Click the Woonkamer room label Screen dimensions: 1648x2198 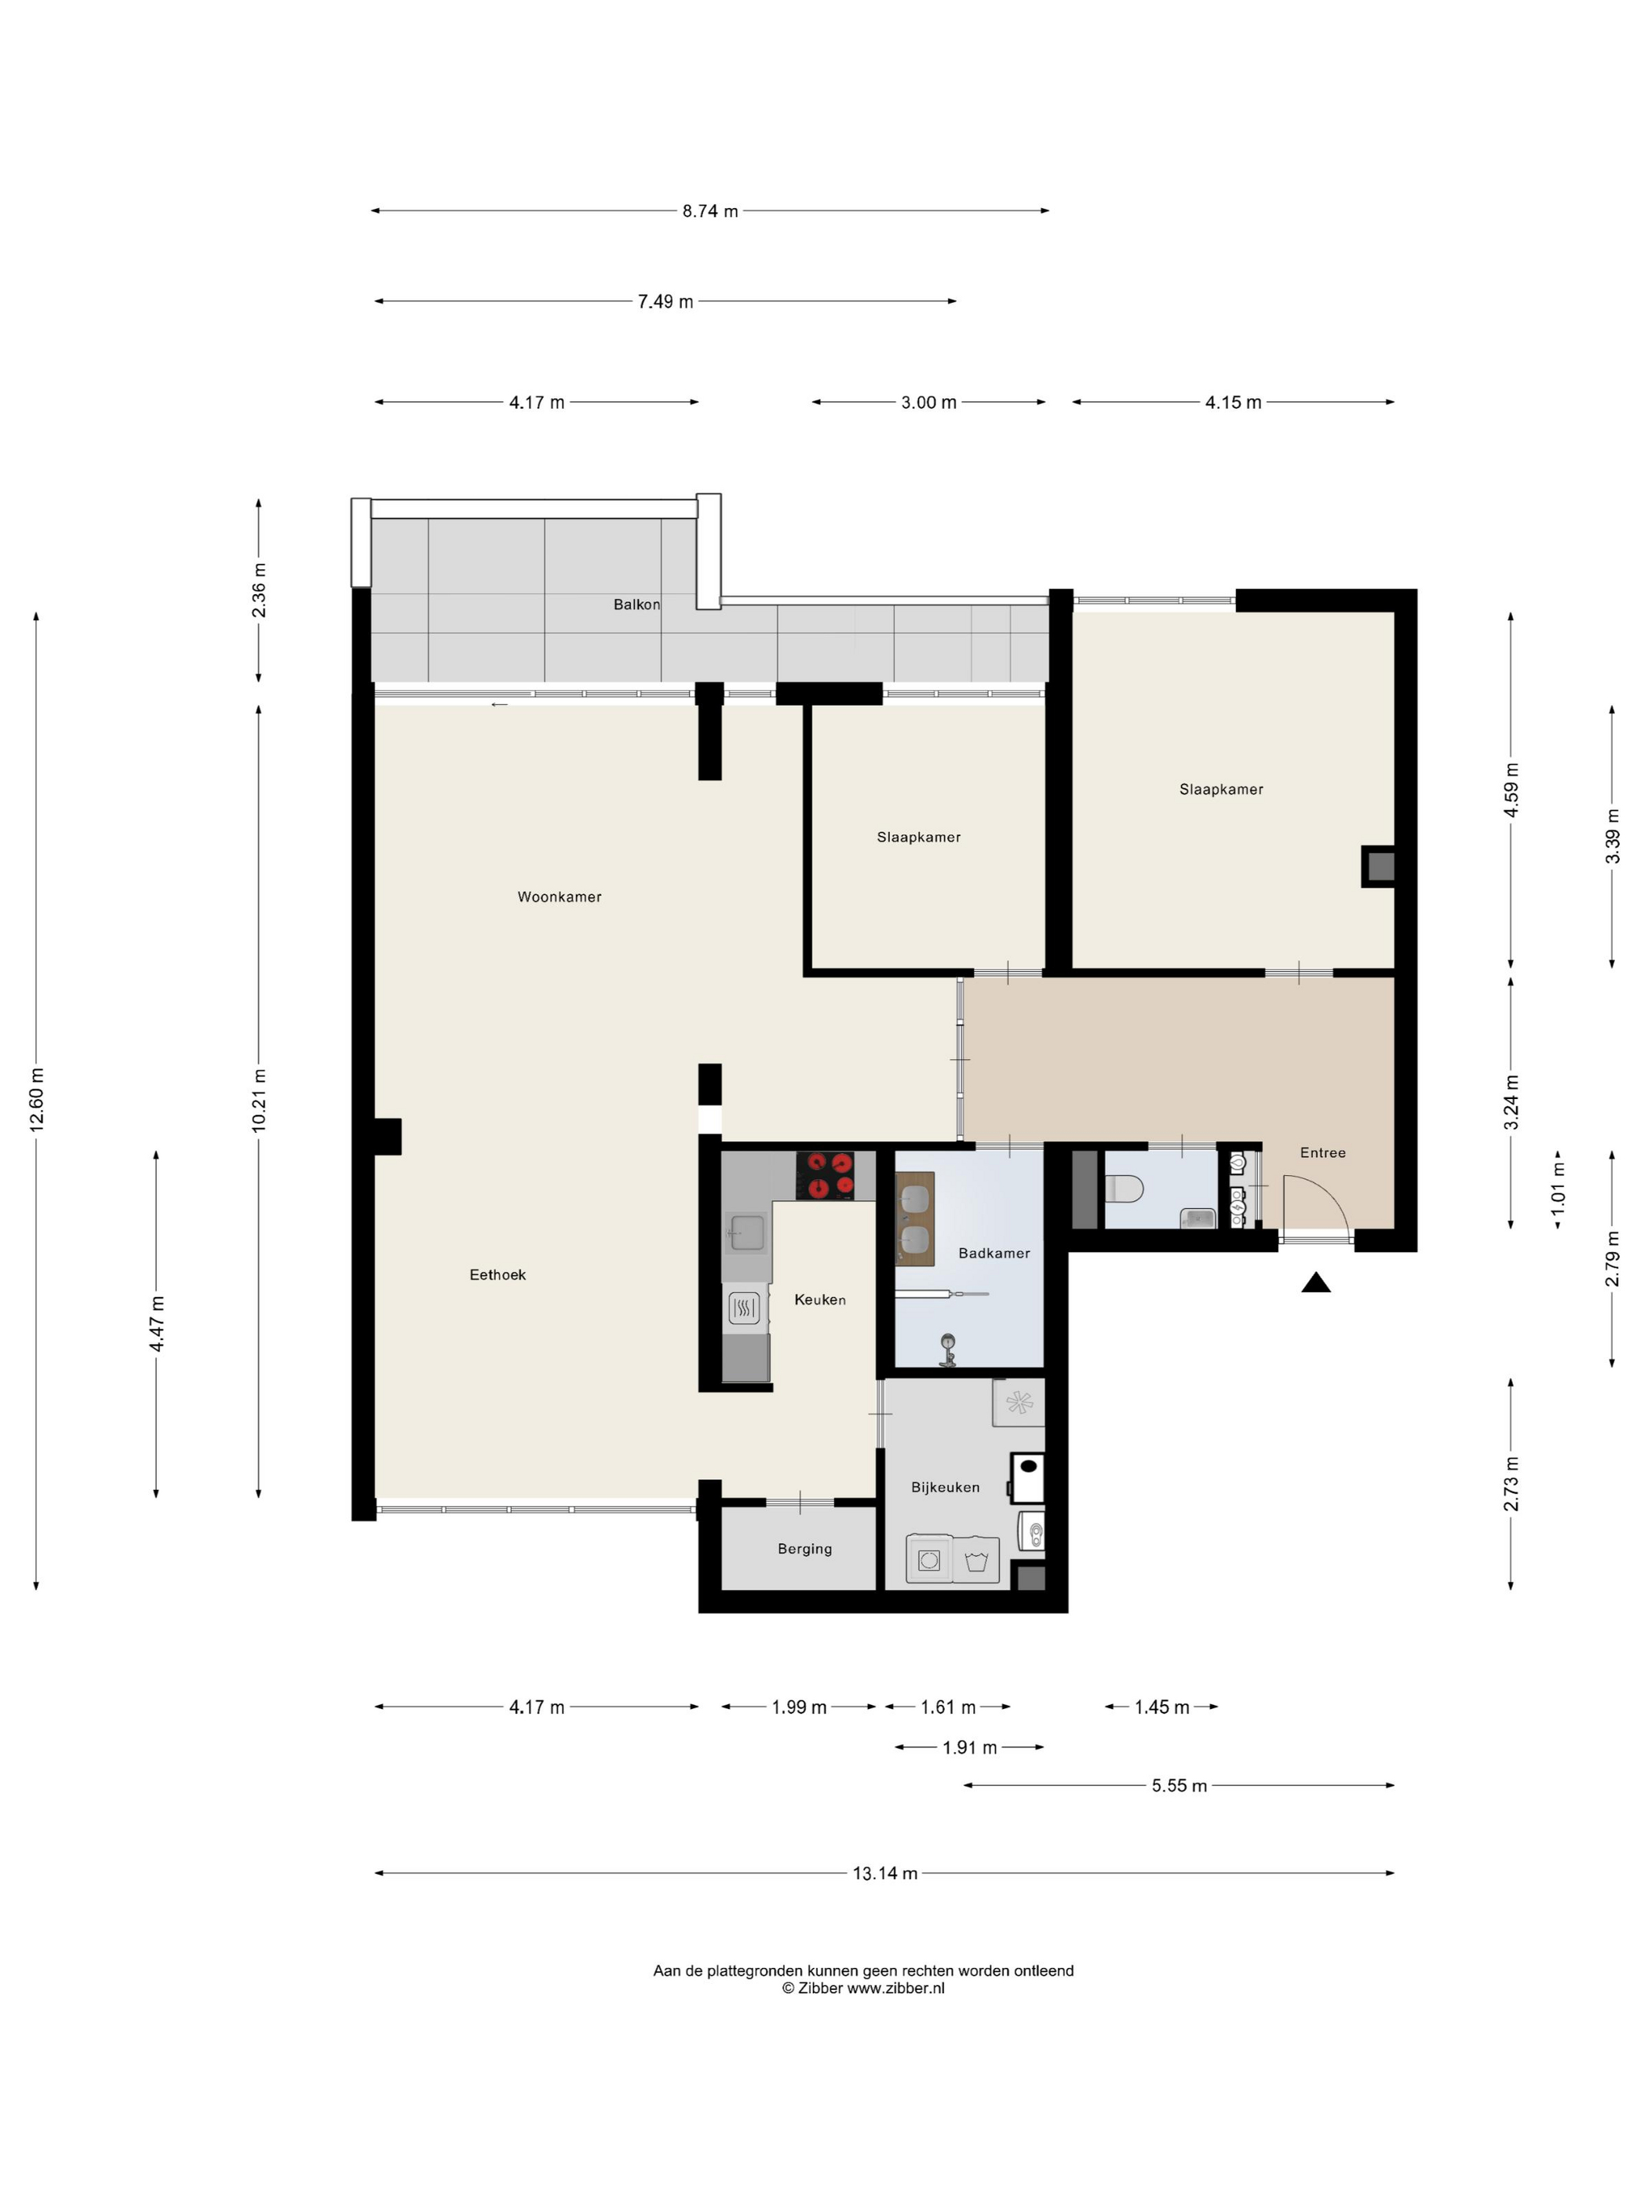[x=560, y=896]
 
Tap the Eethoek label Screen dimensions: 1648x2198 [x=498, y=1274]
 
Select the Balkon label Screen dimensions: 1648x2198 [x=636, y=604]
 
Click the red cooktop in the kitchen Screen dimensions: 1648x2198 [x=825, y=1175]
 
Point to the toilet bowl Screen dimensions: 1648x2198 [x=1125, y=1188]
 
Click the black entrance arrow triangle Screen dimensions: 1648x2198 [x=1316, y=1283]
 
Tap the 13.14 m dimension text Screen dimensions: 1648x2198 [x=884, y=1873]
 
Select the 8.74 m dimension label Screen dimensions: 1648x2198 [x=710, y=210]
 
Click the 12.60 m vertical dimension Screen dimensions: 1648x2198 [x=37, y=1099]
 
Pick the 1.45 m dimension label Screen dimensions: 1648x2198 [x=1161, y=1707]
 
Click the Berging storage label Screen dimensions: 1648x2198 [x=804, y=1548]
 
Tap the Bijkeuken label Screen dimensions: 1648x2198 [x=946, y=1487]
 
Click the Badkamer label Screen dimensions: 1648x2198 [x=994, y=1253]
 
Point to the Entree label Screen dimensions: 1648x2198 [x=1323, y=1152]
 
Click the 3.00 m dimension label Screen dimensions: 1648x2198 [x=929, y=403]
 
